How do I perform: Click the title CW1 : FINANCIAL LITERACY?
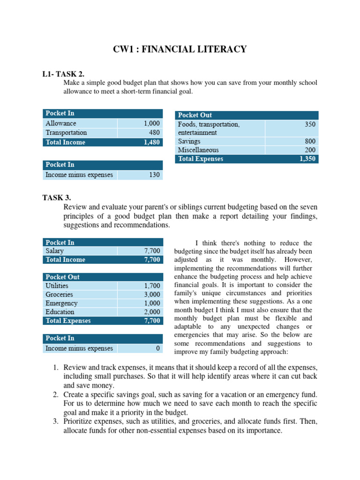(x=180, y=49)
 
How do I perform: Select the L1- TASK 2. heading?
(x=63, y=74)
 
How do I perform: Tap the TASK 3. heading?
(x=57, y=198)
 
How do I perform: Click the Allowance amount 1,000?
(x=151, y=123)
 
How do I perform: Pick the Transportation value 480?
(x=154, y=133)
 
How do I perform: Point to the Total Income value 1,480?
(x=151, y=142)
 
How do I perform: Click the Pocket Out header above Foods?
(x=195, y=115)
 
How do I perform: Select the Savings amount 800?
(x=310, y=141)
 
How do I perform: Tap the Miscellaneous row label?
(x=198, y=150)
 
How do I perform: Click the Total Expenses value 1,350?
(x=307, y=159)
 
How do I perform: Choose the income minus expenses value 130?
(x=154, y=175)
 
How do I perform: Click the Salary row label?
(x=55, y=251)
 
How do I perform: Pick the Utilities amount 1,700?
(x=152, y=285)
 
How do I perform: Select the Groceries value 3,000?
(x=152, y=294)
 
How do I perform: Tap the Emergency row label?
(x=61, y=303)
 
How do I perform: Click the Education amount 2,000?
(x=152, y=312)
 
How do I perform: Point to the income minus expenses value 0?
(x=158, y=348)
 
